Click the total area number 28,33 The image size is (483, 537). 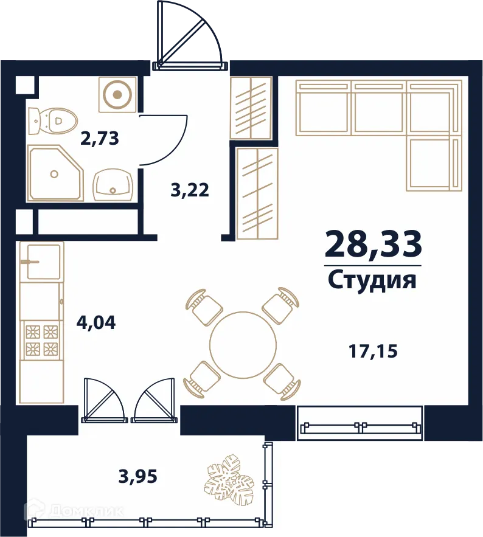(x=373, y=245)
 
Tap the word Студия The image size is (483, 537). (x=372, y=281)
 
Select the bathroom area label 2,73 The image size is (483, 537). (x=100, y=138)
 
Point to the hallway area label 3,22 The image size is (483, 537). (x=190, y=190)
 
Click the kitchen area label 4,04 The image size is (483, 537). (x=96, y=322)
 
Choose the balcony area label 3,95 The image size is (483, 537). (x=138, y=476)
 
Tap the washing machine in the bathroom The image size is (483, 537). (x=117, y=94)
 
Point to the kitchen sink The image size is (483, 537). (x=41, y=261)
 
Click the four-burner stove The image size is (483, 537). (x=41, y=340)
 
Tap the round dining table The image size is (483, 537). (x=243, y=345)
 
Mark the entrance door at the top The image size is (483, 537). (x=190, y=36)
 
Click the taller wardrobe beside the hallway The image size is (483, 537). (x=257, y=193)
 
